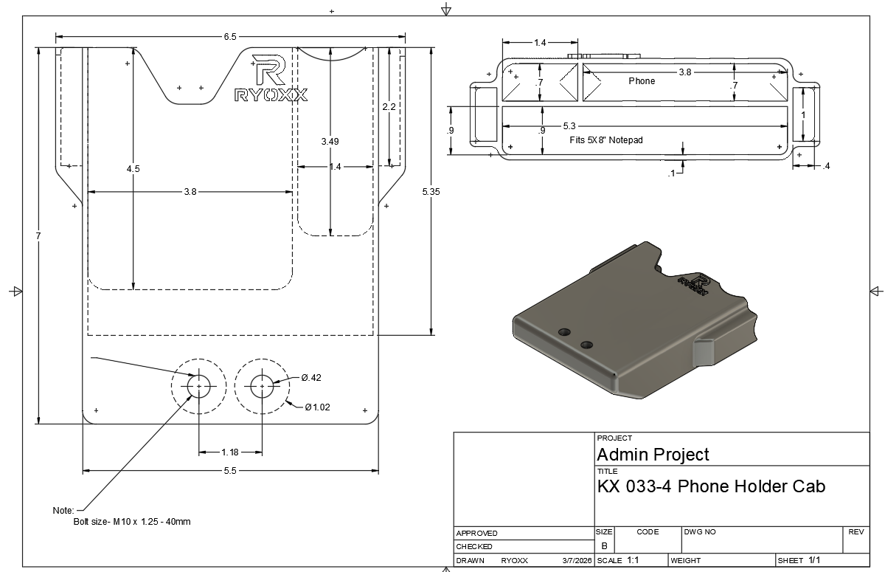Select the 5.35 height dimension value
431,192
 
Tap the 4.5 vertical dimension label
133,169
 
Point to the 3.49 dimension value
330,141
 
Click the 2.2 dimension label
389,107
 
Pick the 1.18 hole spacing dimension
230,452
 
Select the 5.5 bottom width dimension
230,472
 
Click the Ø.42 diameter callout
311,378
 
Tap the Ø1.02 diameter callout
317,407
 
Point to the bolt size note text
132,522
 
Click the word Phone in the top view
641,81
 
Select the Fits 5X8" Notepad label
606,139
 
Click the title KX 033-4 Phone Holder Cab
710,486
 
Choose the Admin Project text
653,454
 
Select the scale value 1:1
633,560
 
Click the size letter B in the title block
604,546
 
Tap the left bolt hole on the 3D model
565,331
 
